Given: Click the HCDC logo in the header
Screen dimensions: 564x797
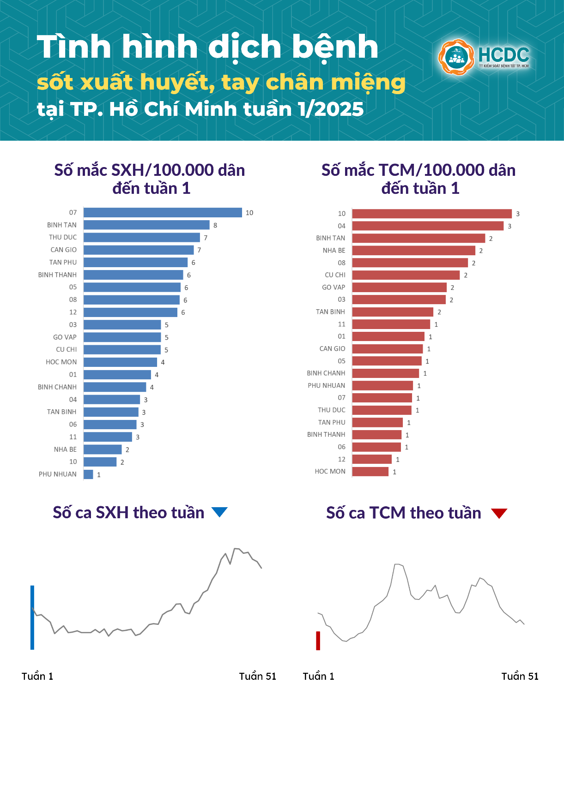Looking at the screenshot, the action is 484,57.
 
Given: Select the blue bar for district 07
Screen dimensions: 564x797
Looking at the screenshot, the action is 163,212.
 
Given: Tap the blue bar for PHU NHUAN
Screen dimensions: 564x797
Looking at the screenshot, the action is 88,474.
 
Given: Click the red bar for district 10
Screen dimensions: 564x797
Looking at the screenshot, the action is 432,214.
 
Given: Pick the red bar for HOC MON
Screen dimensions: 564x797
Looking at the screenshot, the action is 370,471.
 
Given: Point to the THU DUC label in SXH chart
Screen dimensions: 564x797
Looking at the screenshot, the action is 63,237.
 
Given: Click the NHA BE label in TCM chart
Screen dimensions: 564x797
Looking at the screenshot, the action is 334,250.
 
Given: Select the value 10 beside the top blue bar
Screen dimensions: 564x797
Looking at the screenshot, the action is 249,213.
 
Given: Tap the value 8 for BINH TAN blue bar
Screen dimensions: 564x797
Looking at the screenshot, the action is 215,225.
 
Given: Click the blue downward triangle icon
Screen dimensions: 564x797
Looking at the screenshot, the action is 219,511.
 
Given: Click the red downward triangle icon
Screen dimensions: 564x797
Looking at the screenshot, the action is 499,513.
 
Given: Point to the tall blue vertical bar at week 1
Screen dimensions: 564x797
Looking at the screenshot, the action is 32,617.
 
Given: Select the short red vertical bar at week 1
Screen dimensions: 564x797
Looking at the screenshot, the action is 318,641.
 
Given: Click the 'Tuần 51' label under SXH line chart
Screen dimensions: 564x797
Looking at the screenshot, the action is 257,676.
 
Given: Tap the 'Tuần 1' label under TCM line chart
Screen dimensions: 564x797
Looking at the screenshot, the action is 318,676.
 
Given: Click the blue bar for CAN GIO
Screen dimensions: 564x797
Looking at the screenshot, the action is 139,250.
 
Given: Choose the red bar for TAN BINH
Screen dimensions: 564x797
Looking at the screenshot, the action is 393,312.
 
